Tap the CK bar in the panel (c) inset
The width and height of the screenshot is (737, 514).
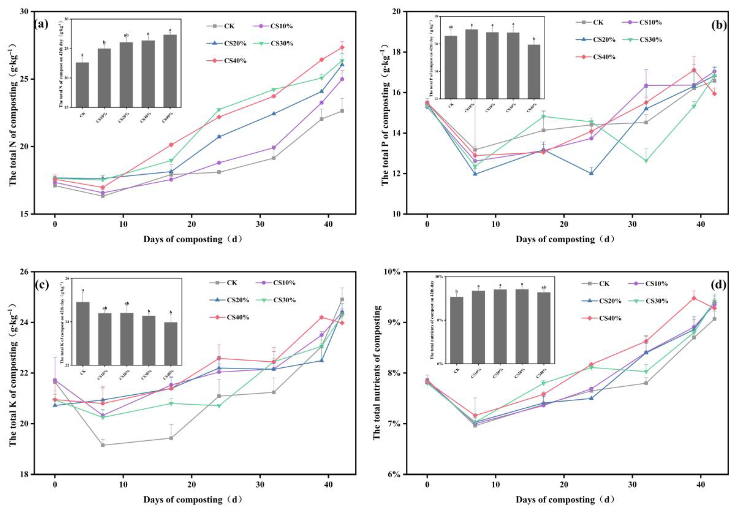click(x=83, y=333)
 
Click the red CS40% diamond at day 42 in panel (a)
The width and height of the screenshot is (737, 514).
click(x=342, y=48)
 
